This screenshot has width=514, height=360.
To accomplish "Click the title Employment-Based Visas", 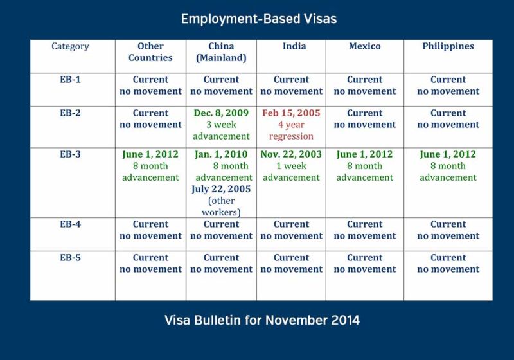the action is click(x=259, y=19).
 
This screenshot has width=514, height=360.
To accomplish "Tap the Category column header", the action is click(x=70, y=46).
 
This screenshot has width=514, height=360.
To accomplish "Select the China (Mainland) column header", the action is click(x=221, y=52).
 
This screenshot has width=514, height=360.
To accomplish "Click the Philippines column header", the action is click(x=448, y=46).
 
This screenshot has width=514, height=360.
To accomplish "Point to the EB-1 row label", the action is click(x=70, y=80).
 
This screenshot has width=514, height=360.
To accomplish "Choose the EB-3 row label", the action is click(x=70, y=154).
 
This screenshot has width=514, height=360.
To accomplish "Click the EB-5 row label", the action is click(x=70, y=257).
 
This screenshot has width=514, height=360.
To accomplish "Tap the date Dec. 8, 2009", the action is click(x=221, y=113).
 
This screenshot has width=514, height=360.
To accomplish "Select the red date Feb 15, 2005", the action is click(x=291, y=113).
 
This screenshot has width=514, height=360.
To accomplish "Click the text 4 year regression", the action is click(x=291, y=130).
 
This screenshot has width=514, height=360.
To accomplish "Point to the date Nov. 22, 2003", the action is click(x=291, y=154).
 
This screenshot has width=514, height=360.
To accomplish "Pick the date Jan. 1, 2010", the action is click(x=221, y=154).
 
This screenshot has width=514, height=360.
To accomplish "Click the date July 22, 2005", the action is click(x=221, y=189).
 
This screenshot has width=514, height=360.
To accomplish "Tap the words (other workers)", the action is click(x=221, y=206).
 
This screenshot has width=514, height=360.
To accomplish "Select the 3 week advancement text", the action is click(x=221, y=130).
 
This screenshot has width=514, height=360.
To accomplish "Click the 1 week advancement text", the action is click(x=291, y=172).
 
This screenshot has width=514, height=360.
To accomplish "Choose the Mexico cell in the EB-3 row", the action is click(x=365, y=183).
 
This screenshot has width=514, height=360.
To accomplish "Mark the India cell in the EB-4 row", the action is click(x=292, y=235).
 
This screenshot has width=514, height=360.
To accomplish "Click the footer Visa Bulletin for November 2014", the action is click(x=262, y=320).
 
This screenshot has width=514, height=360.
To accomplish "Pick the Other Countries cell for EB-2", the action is click(x=150, y=127).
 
